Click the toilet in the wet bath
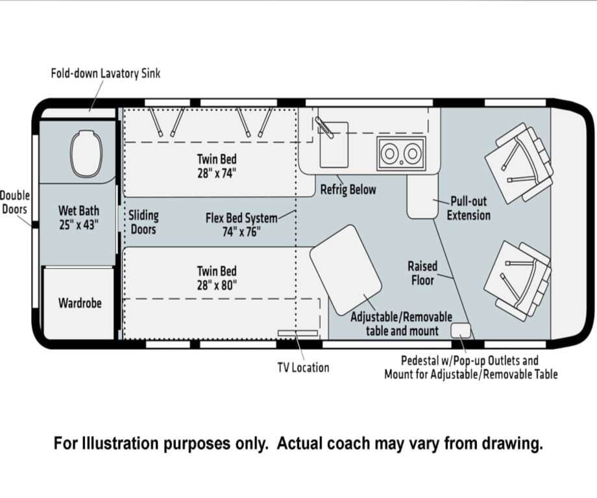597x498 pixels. (87, 153)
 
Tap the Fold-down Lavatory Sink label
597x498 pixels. (106, 73)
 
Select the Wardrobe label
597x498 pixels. (80, 303)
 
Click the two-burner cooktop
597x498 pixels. (401, 153)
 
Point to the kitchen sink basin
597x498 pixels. (334, 145)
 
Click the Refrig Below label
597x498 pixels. (348, 190)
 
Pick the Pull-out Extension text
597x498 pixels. (469, 208)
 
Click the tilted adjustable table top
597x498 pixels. (346, 269)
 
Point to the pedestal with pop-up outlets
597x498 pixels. (461, 330)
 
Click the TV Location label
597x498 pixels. (304, 367)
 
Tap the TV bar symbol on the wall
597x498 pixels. (298, 333)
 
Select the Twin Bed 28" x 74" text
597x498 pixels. (217, 166)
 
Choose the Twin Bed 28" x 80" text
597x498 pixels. (217, 278)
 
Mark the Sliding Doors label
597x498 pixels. (143, 222)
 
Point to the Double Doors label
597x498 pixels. (15, 203)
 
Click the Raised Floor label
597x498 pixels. (422, 273)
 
